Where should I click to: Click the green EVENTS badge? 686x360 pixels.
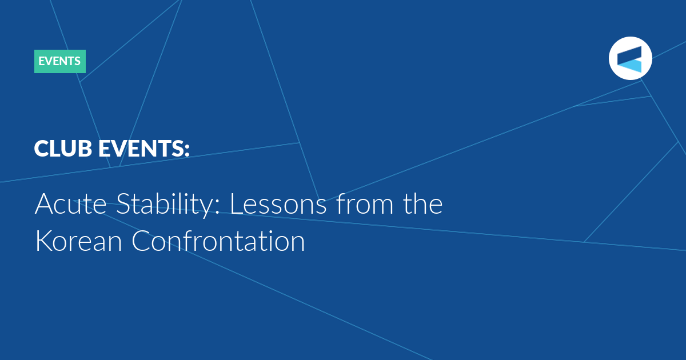59,61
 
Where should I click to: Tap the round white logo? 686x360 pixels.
630,58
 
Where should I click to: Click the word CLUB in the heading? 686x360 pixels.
63,149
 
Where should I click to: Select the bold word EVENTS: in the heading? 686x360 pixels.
144,149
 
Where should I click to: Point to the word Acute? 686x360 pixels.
71,204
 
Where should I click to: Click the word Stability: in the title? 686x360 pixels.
168,205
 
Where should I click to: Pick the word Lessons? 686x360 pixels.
278,204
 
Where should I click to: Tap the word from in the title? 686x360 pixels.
365,203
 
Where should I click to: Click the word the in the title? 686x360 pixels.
422,203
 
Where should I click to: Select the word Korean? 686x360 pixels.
79,241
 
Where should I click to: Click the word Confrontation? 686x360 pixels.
218,241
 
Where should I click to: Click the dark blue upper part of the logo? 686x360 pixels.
630,54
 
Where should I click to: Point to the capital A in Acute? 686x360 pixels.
45,203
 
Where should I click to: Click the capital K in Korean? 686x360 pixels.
44,241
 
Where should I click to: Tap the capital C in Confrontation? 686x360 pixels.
141,241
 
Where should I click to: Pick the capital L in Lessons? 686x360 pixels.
237,203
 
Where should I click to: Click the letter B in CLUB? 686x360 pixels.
85,149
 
